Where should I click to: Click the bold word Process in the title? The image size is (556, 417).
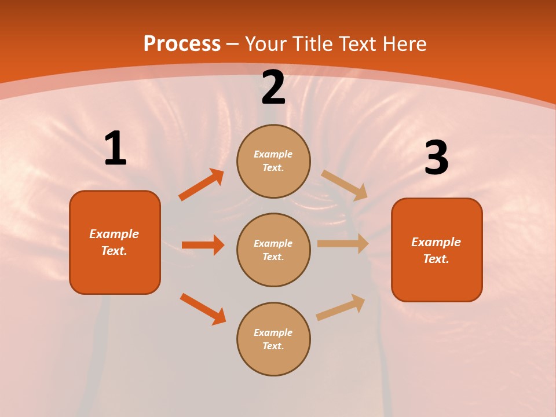click(182, 44)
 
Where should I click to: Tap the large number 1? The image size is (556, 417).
click(115, 148)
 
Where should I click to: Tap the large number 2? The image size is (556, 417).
click(273, 88)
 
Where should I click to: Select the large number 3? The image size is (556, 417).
click(436, 158)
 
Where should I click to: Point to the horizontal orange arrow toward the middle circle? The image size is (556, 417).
click(203, 245)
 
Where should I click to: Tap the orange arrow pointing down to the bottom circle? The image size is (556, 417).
click(203, 309)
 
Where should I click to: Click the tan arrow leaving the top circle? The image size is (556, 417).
click(345, 185)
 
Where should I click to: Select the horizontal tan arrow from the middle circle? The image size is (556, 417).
click(343, 244)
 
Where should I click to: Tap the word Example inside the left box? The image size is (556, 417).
click(114, 234)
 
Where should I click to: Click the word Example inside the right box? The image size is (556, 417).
click(436, 242)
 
